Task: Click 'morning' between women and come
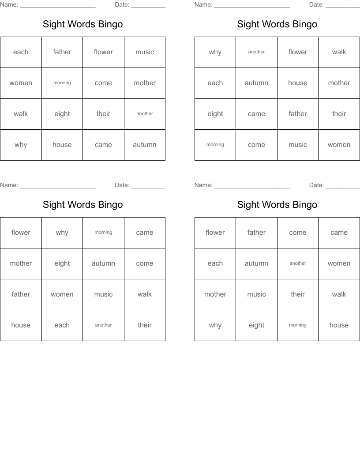[x=62, y=83]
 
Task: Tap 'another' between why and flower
[x=256, y=52]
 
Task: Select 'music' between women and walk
[x=103, y=294]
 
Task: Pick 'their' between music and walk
[x=298, y=294]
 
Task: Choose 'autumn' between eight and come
[x=103, y=263]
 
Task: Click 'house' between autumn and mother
[x=298, y=83]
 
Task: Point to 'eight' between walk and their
[x=62, y=114]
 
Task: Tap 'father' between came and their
[x=298, y=114]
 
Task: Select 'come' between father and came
[x=298, y=233]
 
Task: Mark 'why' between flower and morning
[x=62, y=233]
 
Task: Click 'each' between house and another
[x=62, y=325]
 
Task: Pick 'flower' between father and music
[x=103, y=52]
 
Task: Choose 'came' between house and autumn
[x=103, y=145]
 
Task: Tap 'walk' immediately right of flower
[x=339, y=52]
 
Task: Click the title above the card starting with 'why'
[x=277, y=24]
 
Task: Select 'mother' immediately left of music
[x=215, y=294]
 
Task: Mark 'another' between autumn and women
[x=298, y=263]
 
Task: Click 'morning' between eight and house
[x=298, y=325]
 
